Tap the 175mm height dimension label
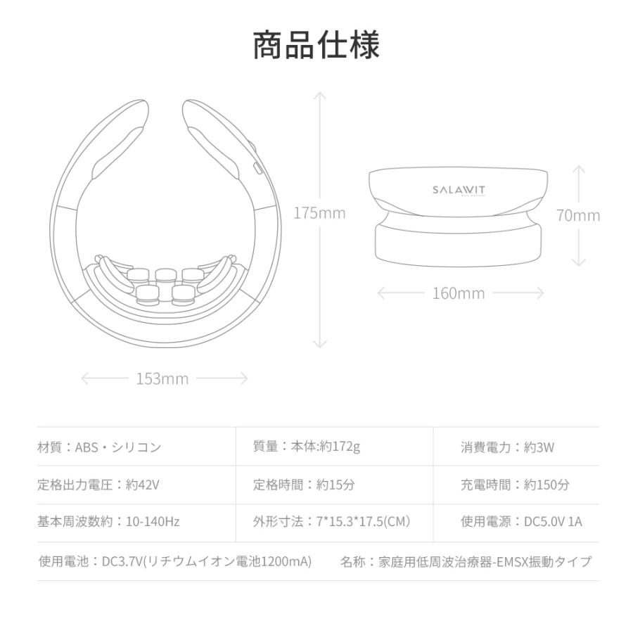pos(319,213)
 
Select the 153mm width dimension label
pos(162,379)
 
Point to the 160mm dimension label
pos(458,293)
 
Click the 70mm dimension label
pos(578,215)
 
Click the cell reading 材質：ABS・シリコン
pos(99,447)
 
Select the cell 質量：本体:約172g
pos(307,446)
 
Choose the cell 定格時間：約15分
pos(304,485)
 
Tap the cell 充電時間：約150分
pos(515,485)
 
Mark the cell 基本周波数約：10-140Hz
pos(108,522)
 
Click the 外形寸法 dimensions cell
pos(331,522)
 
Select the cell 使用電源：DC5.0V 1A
pos(521,522)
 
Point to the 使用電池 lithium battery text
pos(174,561)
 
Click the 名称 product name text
pos(466,561)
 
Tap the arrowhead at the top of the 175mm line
pos(320,94)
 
